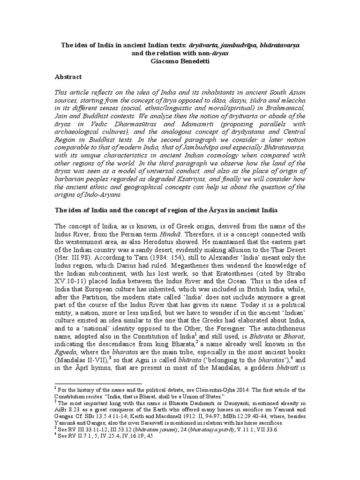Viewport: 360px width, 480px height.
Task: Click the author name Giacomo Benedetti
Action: click(180, 60)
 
